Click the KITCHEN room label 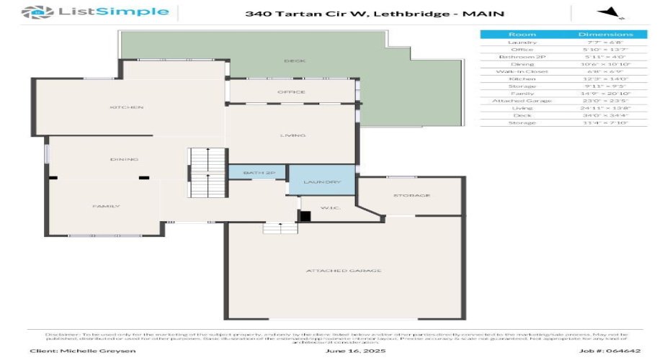click(127, 107)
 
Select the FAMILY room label click(105, 207)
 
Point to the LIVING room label click(292, 135)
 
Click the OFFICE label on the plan click(291, 92)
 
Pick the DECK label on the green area click(291, 61)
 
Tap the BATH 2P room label click(259, 174)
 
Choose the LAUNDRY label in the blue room click(321, 182)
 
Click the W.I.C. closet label click(331, 209)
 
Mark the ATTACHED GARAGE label click(343, 271)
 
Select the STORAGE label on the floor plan click(411, 196)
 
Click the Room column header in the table click(522, 35)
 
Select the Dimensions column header click(605, 35)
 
